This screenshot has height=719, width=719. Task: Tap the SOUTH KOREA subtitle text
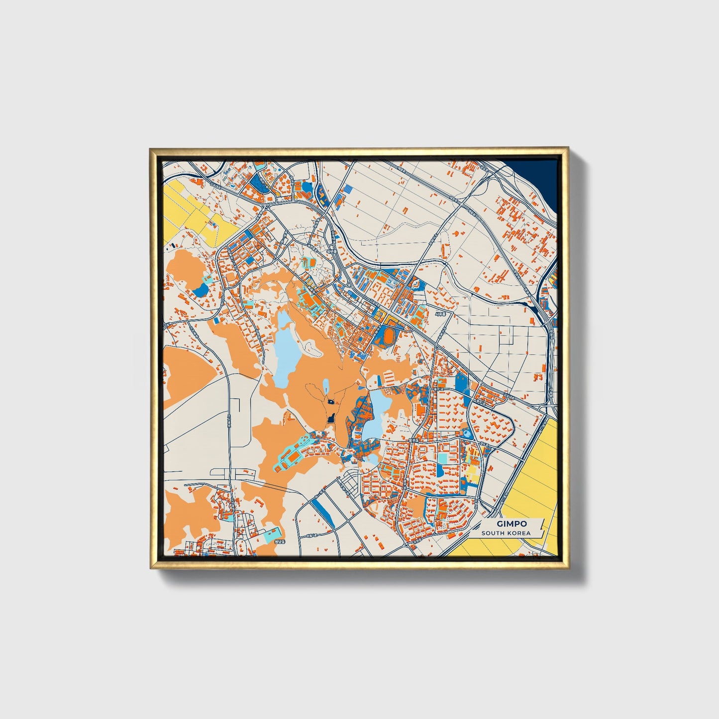coord(506,533)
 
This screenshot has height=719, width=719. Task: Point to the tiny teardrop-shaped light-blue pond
coord(325,386)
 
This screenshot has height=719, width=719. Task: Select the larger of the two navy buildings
coord(330,419)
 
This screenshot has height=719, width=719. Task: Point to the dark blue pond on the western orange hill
coord(201,290)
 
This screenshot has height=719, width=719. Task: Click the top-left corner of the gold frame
coord(151,148)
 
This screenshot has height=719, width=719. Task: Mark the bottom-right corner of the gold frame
coord(567,568)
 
